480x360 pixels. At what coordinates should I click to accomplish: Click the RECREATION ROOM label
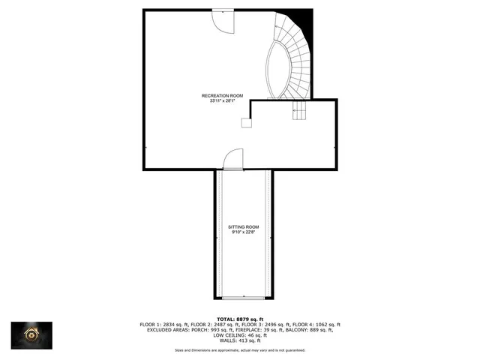[x=223, y=95]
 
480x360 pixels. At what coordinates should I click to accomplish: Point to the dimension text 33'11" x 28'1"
[x=223, y=101]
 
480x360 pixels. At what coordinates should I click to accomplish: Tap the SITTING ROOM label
[x=243, y=226]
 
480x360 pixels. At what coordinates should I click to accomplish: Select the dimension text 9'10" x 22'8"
[x=243, y=231]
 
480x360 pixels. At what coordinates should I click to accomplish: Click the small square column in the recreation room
[x=245, y=122]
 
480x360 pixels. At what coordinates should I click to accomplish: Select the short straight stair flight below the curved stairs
[x=300, y=111]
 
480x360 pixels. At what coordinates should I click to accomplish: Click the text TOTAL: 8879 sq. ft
[x=240, y=318]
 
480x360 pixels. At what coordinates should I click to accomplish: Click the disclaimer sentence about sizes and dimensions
[x=240, y=349]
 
